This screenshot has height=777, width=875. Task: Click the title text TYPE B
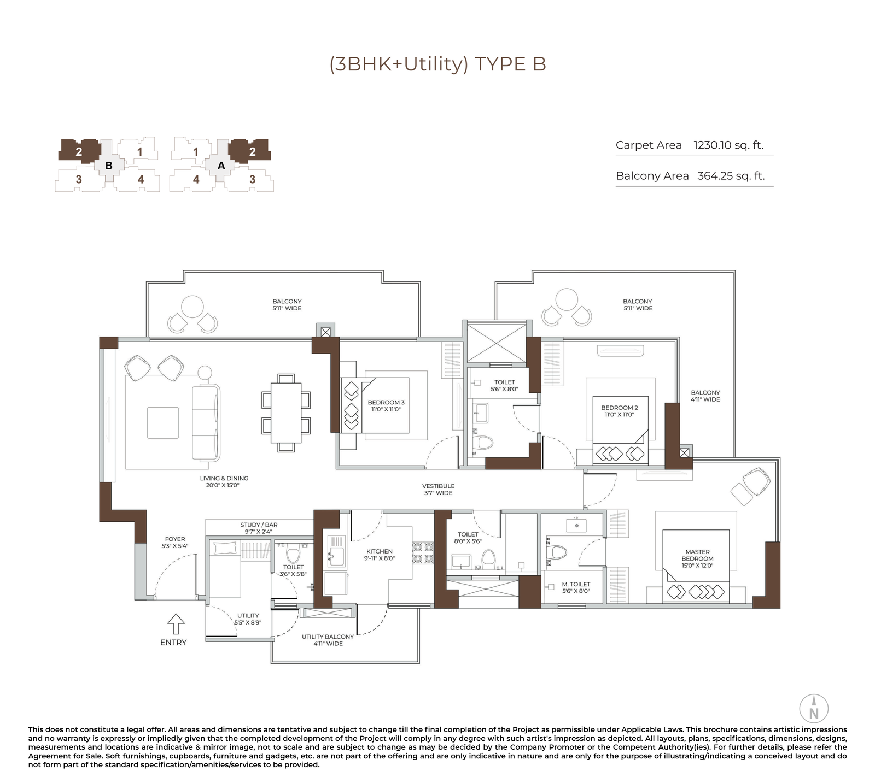[510, 64]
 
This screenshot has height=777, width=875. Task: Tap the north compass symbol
[814, 709]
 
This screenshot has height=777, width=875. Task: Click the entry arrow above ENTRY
[176, 624]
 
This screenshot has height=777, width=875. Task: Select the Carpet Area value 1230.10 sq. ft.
[728, 145]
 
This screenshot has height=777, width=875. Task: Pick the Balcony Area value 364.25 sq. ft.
[731, 176]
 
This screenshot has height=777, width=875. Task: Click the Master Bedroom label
[697, 558]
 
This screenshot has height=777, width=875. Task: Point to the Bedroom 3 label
[386, 405]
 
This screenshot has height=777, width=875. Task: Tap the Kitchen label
[379, 555]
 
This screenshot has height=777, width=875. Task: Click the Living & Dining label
[224, 481]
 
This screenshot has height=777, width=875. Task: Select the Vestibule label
[438, 489]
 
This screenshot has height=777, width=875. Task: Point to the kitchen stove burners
[423, 552]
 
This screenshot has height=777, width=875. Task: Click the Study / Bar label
[259, 528]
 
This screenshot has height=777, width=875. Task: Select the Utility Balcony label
[328, 640]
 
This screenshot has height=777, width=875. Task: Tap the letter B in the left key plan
[109, 165]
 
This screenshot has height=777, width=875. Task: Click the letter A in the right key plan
[221, 165]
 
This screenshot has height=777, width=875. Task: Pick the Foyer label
[175, 542]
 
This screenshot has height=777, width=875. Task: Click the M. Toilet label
[576, 587]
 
